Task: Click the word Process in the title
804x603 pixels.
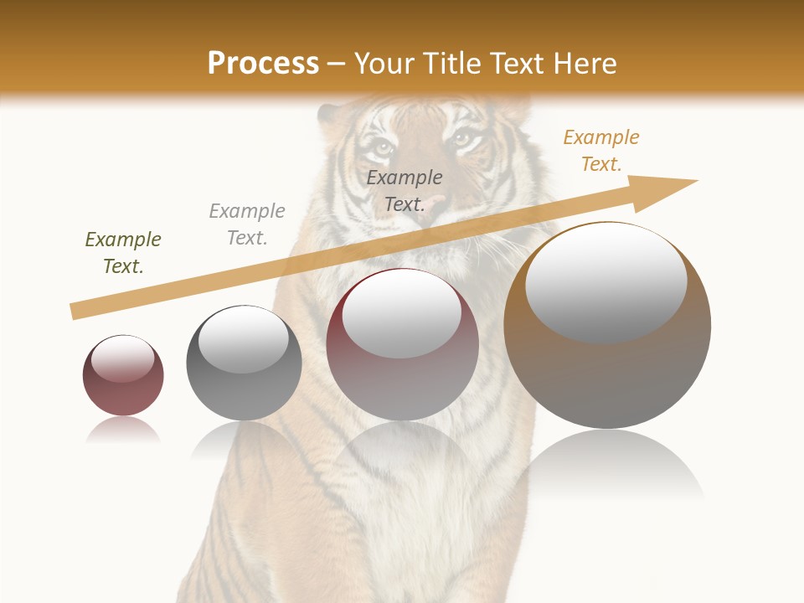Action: click(x=263, y=64)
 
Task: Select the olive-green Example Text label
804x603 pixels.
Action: click(x=123, y=253)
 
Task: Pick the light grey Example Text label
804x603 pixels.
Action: click(x=247, y=224)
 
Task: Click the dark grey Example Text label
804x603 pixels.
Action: click(x=405, y=190)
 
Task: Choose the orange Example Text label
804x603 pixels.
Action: click(x=601, y=151)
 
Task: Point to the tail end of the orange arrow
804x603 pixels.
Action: click(x=75, y=311)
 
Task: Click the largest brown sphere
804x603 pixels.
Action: click(x=607, y=368)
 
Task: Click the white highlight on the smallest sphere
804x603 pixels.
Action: click(x=122, y=359)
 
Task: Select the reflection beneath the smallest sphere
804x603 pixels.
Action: click(x=123, y=430)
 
